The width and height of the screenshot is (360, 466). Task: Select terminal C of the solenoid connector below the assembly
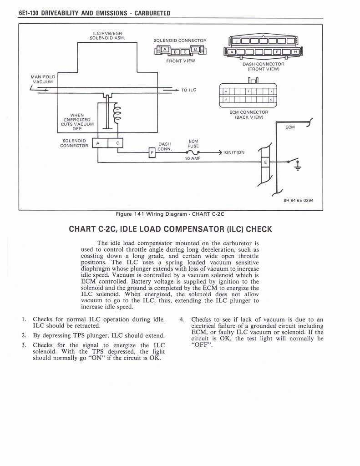(117, 143)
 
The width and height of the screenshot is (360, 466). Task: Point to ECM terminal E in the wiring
(265, 162)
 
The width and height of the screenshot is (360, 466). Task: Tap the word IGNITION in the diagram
(234, 152)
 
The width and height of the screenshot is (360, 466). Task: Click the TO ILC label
(188, 90)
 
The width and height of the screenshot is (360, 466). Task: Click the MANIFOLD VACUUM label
(44, 79)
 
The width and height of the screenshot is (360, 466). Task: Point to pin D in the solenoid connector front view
(195, 49)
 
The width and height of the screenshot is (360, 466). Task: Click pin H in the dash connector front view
(296, 51)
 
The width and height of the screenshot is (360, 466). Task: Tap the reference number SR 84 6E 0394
(298, 200)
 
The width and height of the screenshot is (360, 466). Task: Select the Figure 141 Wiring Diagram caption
(171, 214)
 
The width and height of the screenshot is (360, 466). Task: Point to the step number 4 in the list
(182, 319)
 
